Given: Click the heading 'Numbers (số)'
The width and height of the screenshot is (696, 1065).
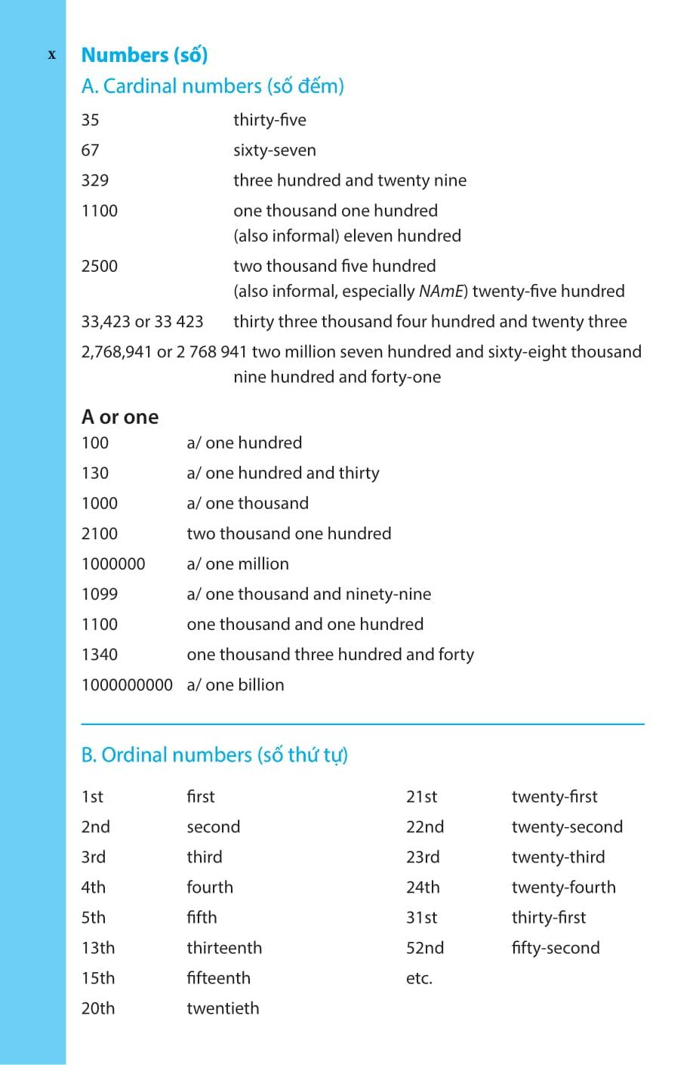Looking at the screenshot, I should pyautogui.click(x=144, y=55).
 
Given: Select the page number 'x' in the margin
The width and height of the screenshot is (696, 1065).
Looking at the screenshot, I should pyautogui.click(x=52, y=54).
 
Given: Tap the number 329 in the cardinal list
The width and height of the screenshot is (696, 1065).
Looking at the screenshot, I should pyautogui.click(x=95, y=181).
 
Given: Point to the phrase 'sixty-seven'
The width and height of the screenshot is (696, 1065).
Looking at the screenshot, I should pyautogui.click(x=274, y=150).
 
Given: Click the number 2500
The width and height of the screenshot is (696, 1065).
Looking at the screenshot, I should pyautogui.click(x=100, y=266).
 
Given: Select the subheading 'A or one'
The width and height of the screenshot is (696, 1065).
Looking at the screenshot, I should pyautogui.click(x=120, y=417).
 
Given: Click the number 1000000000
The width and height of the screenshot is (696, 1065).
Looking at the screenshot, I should pyautogui.click(x=127, y=685).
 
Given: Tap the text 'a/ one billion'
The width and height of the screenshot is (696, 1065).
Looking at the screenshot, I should pyautogui.click(x=236, y=685).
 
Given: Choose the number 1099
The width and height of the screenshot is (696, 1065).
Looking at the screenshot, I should pyautogui.click(x=100, y=594).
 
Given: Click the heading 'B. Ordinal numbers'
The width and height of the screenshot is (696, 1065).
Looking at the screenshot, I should pyautogui.click(x=214, y=755).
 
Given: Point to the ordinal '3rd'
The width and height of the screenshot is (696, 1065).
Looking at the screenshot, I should pyautogui.click(x=94, y=857).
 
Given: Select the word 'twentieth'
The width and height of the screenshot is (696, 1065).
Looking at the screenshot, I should pyautogui.click(x=223, y=1008).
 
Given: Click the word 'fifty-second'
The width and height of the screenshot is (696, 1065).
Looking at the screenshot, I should pyautogui.click(x=556, y=948).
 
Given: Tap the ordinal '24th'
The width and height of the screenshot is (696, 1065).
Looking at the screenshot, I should pyautogui.click(x=423, y=887).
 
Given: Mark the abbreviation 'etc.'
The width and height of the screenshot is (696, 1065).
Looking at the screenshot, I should pyautogui.click(x=419, y=978).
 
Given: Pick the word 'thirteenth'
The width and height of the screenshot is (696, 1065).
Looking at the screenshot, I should pyautogui.click(x=224, y=948).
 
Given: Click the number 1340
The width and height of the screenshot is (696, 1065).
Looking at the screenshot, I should pyautogui.click(x=100, y=655).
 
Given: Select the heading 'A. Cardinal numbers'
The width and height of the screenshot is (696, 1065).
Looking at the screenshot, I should pyautogui.click(x=212, y=86).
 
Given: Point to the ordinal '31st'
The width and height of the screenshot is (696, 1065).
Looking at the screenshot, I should pyautogui.click(x=422, y=918).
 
